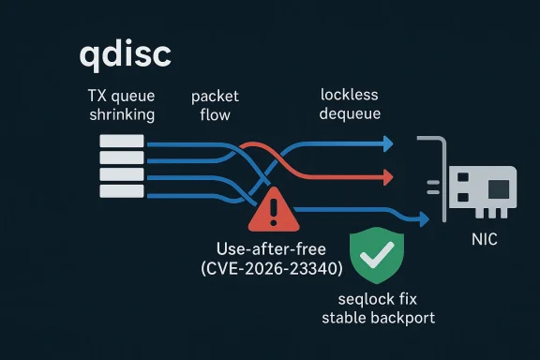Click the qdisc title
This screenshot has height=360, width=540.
coord(125,54)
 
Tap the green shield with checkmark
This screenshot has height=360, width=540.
coord(378,252)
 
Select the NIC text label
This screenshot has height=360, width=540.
coord(484,241)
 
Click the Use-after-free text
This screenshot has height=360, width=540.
coord(272,248)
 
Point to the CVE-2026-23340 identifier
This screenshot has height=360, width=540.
coord(272,269)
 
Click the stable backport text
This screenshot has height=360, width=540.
coord(378,319)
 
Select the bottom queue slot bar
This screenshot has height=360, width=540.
coord(121,191)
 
